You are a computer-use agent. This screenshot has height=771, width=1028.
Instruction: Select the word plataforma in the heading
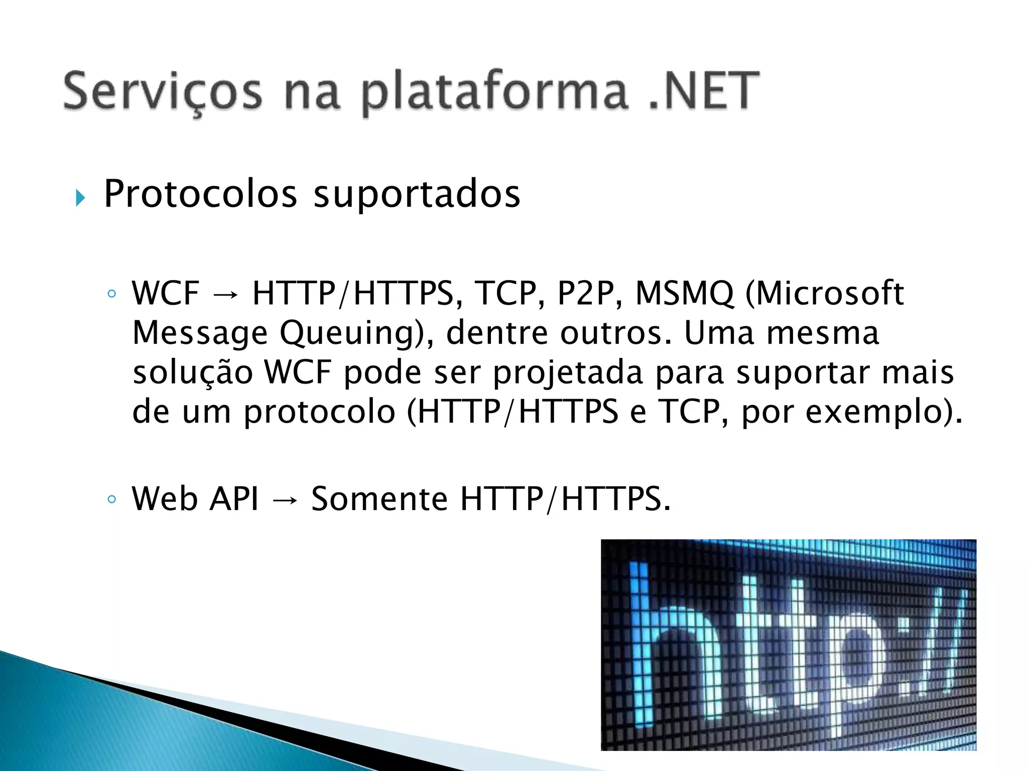tap(494, 93)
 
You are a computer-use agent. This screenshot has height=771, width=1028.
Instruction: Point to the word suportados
tap(417, 195)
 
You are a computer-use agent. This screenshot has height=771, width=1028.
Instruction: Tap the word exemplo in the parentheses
tap(874, 413)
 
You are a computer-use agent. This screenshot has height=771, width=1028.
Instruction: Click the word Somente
tap(379, 499)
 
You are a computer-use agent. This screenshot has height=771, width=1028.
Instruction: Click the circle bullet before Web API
tap(112, 500)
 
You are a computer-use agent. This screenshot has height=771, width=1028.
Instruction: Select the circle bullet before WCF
tap(112, 294)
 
